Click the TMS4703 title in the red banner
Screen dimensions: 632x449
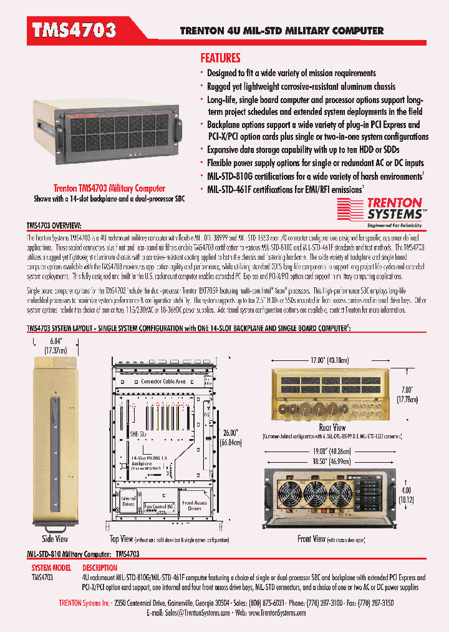(74, 30)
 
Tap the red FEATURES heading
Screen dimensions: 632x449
(220, 58)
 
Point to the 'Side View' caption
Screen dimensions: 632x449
(56, 538)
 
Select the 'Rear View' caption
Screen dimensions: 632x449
(332, 427)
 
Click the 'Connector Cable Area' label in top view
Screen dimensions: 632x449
(163, 380)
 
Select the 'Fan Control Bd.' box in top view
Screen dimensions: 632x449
(155, 506)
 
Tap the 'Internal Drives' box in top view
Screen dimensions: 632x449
(128, 501)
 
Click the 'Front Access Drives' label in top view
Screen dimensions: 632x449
(195, 505)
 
